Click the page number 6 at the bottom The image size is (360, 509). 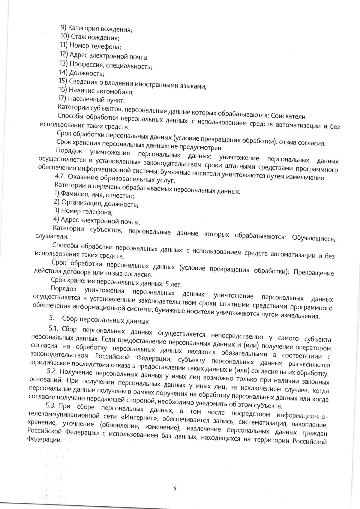[175, 488]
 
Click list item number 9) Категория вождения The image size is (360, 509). [96, 29]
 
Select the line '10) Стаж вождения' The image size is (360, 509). [90, 37]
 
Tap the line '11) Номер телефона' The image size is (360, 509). [90, 46]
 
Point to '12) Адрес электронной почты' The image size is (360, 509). [103, 56]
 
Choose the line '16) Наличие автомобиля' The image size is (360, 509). [96, 91]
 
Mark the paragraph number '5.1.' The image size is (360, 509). [55, 329]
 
